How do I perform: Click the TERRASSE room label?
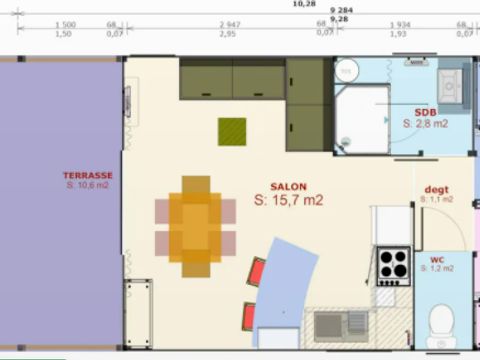click(x=87, y=175)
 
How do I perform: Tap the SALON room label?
click(x=288, y=186)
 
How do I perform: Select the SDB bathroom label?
click(x=426, y=112)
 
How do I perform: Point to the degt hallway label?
click(x=436, y=189)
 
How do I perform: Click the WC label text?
click(x=437, y=259)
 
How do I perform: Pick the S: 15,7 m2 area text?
click(x=288, y=200)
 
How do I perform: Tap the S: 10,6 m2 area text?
click(x=87, y=186)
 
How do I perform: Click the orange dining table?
click(x=195, y=225)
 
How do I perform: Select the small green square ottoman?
click(x=234, y=131)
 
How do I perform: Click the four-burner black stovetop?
click(x=393, y=266)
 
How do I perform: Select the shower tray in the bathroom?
click(x=360, y=110)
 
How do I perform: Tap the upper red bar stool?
click(x=257, y=271)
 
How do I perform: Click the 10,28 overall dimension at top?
click(x=303, y=4)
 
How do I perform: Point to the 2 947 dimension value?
click(x=230, y=24)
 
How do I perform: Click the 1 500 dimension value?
click(x=64, y=24)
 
